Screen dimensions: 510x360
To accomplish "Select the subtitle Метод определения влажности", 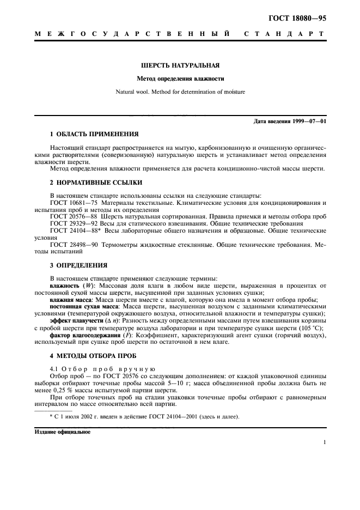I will pyautogui.click(x=180, y=79).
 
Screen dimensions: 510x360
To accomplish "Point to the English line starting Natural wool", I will pyautogui.click(x=180, y=92).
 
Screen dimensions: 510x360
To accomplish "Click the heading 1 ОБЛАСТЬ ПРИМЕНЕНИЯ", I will pyautogui.click(x=94, y=133).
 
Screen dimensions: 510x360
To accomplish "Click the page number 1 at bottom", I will pyautogui.click(x=324, y=442).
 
